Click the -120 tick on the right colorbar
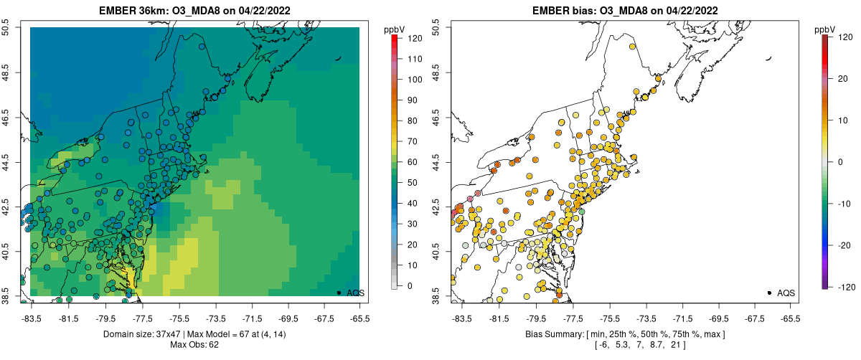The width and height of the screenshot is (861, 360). [x=843, y=285]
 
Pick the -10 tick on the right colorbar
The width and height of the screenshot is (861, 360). [x=843, y=203]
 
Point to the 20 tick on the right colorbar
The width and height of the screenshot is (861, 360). [x=843, y=80]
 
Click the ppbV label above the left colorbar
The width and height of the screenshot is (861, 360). [x=395, y=29]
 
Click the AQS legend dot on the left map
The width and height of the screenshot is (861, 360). [x=339, y=293]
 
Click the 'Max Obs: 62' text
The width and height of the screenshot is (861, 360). [x=194, y=345]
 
